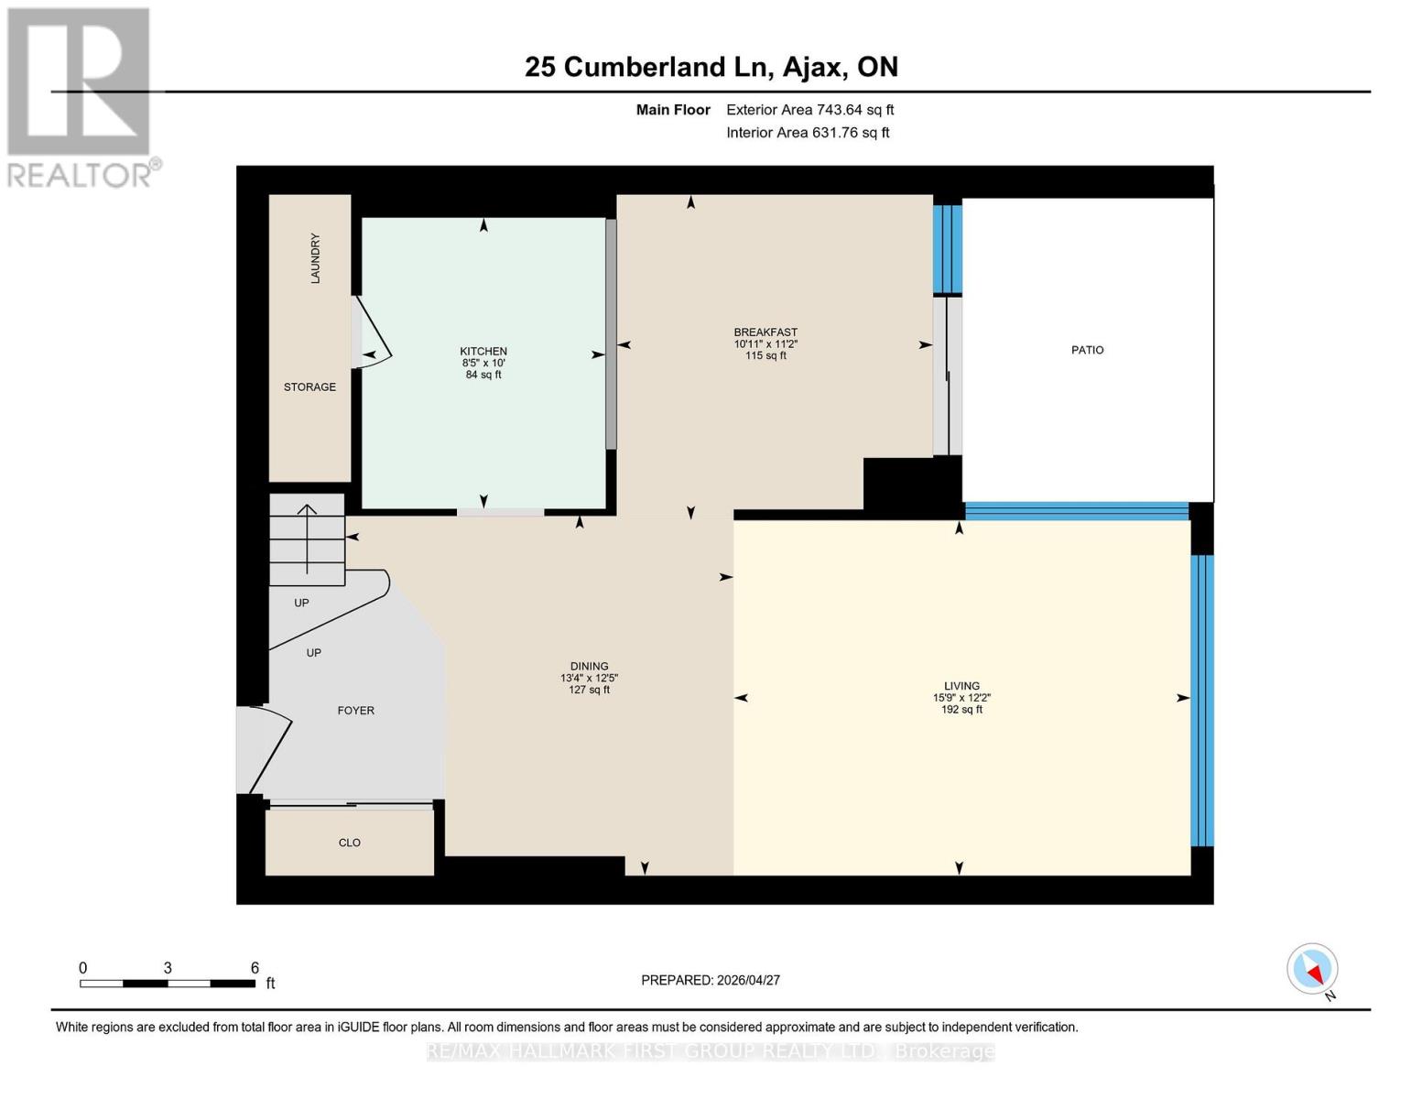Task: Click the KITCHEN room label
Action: pyautogui.click(x=483, y=352)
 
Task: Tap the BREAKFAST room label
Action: pyautogui.click(x=765, y=332)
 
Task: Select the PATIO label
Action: pyautogui.click(x=1087, y=350)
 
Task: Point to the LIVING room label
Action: pyautogui.click(x=961, y=686)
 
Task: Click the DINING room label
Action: pyautogui.click(x=589, y=667)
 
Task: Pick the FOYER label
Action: pyautogui.click(x=355, y=711)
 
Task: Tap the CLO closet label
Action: pyautogui.click(x=350, y=843)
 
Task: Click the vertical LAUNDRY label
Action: pyautogui.click(x=315, y=258)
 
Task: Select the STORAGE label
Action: pyautogui.click(x=309, y=387)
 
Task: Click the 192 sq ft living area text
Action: pyautogui.click(x=961, y=710)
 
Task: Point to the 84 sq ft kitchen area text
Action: pyautogui.click(x=483, y=375)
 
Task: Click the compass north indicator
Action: pyautogui.click(x=1313, y=969)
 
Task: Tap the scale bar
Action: pyautogui.click(x=168, y=984)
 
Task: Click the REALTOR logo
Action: pyautogui.click(x=81, y=96)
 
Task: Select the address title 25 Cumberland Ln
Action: pyautogui.click(x=711, y=67)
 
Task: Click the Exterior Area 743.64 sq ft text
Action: pyautogui.click(x=809, y=110)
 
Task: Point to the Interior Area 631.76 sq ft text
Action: pyautogui.click(x=808, y=133)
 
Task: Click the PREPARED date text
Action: pyautogui.click(x=711, y=980)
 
